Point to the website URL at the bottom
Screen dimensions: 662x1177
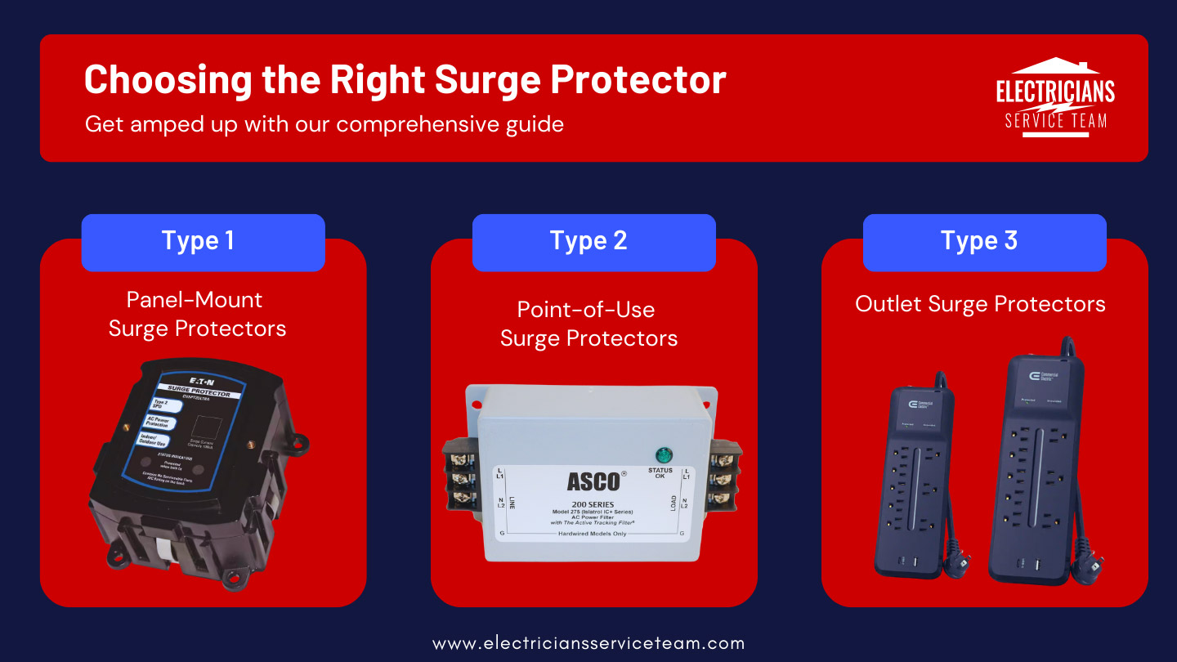tap(588, 643)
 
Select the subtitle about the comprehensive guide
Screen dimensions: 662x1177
tap(324, 124)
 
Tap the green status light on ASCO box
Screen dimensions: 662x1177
tap(663, 454)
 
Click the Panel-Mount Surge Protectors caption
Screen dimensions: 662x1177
tap(197, 314)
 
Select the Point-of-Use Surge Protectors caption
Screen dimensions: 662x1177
tap(588, 324)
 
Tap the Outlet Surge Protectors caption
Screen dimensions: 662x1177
tap(980, 304)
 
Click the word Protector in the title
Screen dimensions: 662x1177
tap(638, 80)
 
